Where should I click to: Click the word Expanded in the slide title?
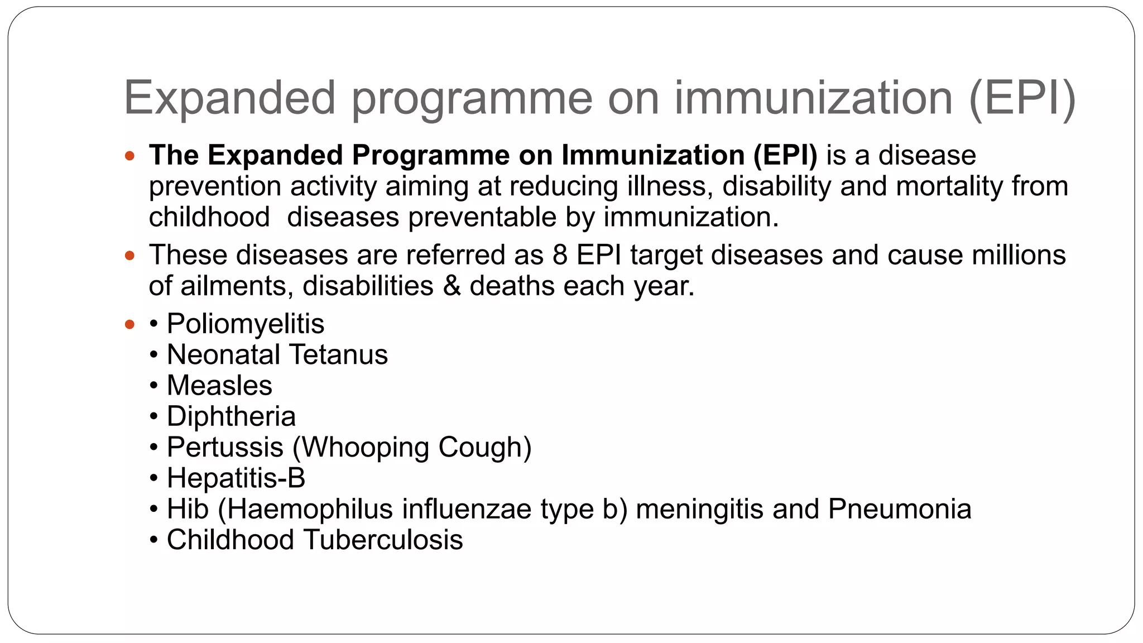tap(229, 98)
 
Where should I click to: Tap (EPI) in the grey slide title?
tap(1022, 98)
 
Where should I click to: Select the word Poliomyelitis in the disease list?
tap(246, 324)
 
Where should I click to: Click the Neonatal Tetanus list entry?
tap(277, 354)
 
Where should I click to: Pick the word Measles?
tap(219, 386)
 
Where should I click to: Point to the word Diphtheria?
tap(231, 416)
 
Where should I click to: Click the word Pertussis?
tap(225, 447)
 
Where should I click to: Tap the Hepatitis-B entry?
tap(236, 478)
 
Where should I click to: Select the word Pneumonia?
tap(900, 509)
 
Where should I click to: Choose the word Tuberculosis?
tap(383, 540)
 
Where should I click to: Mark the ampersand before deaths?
tap(452, 286)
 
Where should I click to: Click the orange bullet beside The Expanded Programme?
tap(130, 156)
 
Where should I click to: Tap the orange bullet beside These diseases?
tap(130, 256)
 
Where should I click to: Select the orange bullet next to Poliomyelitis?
tap(130, 324)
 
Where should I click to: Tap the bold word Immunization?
tap(653, 155)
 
